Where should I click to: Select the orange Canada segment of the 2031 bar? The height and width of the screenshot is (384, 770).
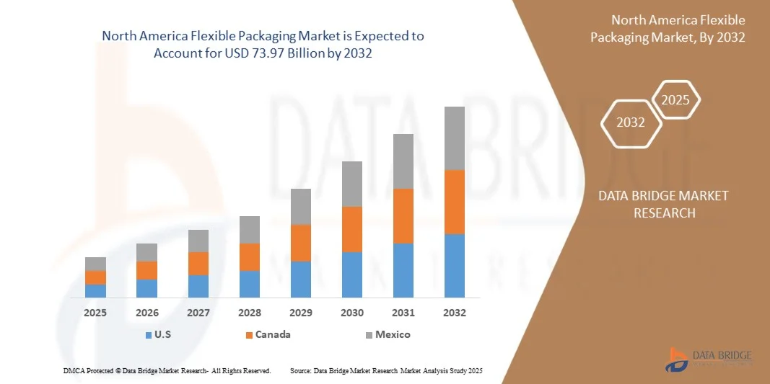[x=403, y=216]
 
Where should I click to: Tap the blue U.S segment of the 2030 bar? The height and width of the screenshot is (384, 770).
[x=351, y=274]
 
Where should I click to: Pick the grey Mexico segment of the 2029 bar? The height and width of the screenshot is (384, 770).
[x=300, y=207]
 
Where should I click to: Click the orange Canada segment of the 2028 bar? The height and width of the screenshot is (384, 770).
[x=249, y=257]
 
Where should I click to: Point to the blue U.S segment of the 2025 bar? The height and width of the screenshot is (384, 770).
[x=95, y=290]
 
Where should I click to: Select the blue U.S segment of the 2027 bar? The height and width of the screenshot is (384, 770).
[x=198, y=286]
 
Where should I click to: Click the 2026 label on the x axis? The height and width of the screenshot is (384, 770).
[x=146, y=313]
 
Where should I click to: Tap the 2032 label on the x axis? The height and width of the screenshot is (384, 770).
[x=454, y=313]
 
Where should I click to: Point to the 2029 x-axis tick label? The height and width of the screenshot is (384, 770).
[x=300, y=313]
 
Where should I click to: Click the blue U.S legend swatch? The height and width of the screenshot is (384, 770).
[x=149, y=335]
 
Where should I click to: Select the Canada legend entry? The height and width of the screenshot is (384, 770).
[x=267, y=334]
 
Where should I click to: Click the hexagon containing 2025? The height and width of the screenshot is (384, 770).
[x=675, y=100]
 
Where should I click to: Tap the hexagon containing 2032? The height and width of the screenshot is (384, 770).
[x=631, y=122]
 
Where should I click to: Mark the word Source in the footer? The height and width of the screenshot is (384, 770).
[x=300, y=370]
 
